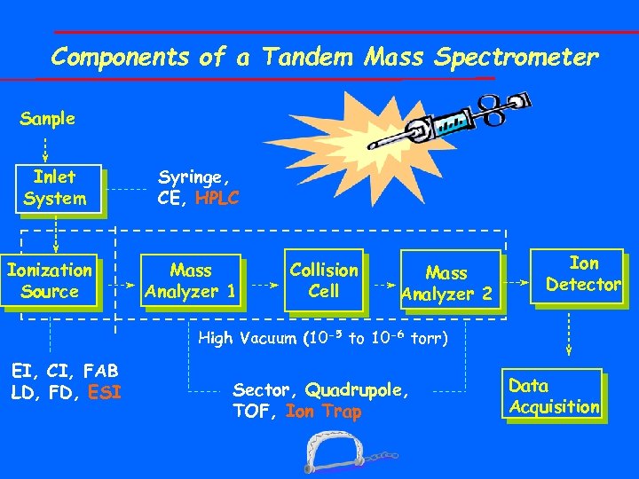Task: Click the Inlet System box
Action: pyautogui.click(x=56, y=188)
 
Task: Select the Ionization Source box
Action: pyautogui.click(x=51, y=280)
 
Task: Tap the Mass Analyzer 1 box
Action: pyautogui.click(x=191, y=280)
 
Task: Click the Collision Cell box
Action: pyautogui.click(x=324, y=280)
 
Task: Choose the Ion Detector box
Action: pyautogui.click(x=583, y=274)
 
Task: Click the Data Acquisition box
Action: pyautogui.click(x=554, y=397)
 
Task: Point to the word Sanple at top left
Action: pyautogui.click(x=47, y=118)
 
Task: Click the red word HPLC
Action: pyautogui.click(x=217, y=199)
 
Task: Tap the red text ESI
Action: pyautogui.click(x=105, y=391)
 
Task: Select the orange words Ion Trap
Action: pyautogui.click(x=324, y=412)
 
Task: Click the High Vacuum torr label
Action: pyautogui.click(x=323, y=338)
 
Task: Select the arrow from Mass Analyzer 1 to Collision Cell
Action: pyautogui.click(x=262, y=287)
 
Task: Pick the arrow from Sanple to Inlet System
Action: pyautogui.click(x=47, y=145)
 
